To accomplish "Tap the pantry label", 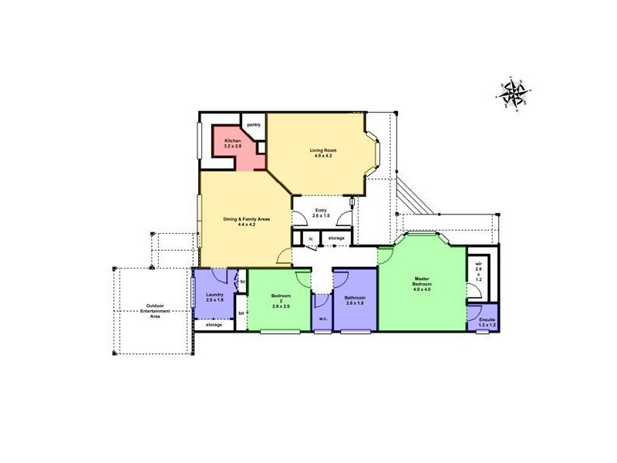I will [x=254, y=125].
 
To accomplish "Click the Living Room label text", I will [x=323, y=150].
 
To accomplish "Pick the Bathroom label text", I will [x=355, y=298].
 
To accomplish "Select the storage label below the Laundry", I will [x=214, y=325].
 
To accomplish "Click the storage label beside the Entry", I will [x=336, y=238].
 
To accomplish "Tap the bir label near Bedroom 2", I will [x=241, y=313].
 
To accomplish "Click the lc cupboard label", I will [x=311, y=238].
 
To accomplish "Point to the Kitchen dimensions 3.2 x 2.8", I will [x=233, y=146].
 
